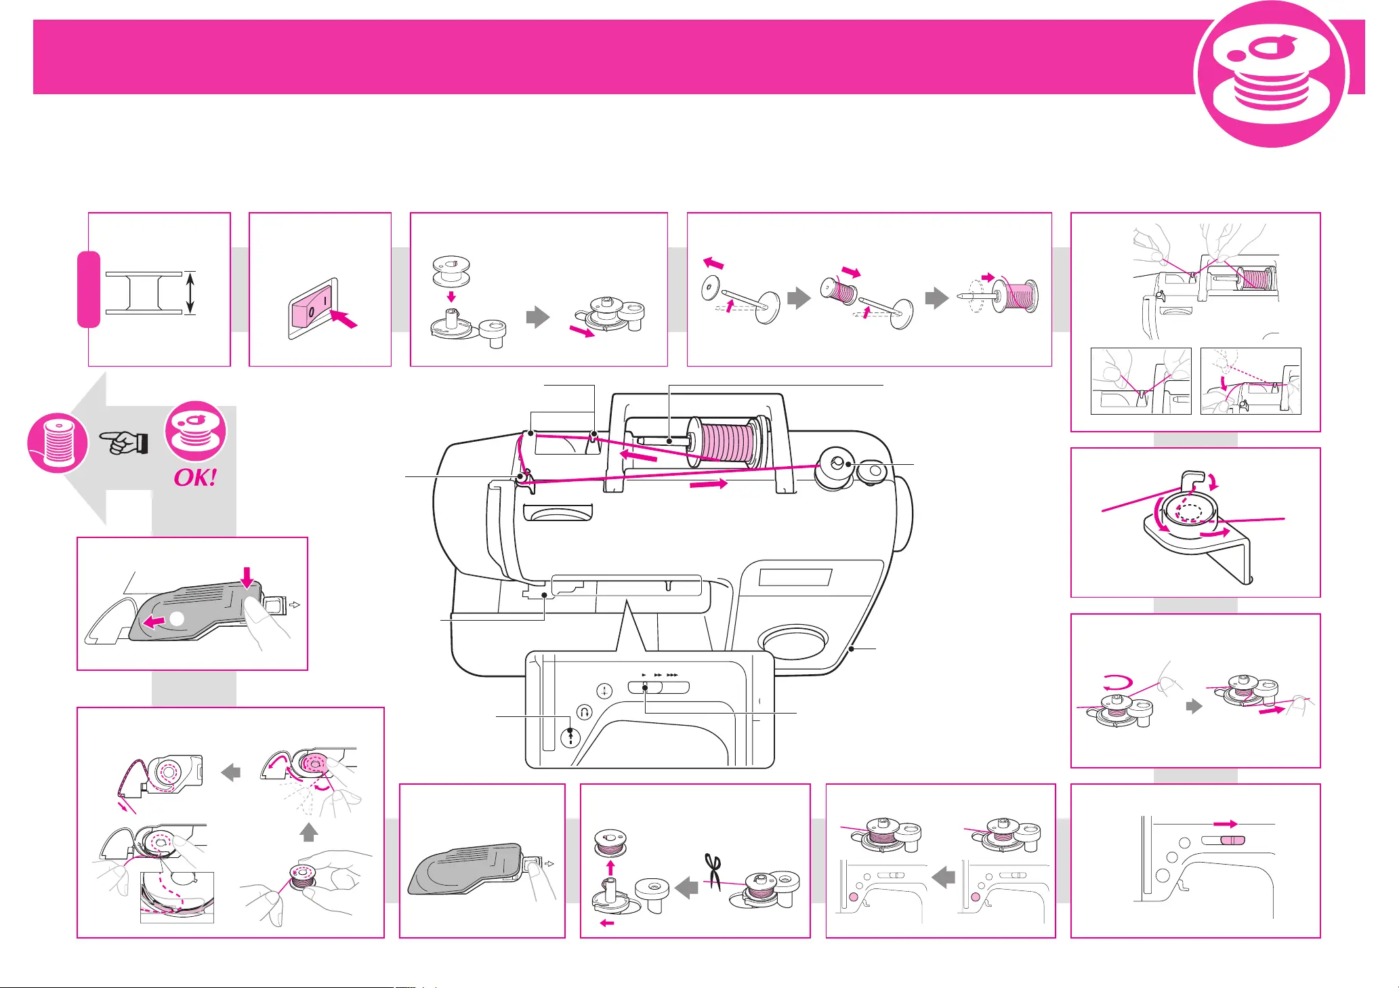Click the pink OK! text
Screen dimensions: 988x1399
coord(196,478)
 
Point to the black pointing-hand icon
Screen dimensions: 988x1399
coord(125,443)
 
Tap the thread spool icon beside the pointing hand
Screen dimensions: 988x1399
coord(57,442)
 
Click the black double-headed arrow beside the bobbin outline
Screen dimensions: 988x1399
coord(190,293)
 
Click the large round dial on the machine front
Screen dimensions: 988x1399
coord(793,640)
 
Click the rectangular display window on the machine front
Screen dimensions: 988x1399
coord(795,577)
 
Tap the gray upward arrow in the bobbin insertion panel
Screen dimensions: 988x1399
coord(308,832)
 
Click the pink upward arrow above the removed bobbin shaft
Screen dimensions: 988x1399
coord(610,867)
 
